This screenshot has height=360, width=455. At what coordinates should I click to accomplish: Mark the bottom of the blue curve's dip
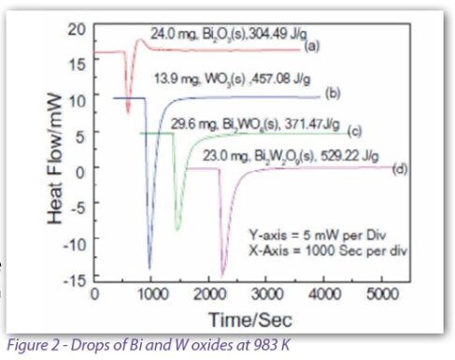point(149,267)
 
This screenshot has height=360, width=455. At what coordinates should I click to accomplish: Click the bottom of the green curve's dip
point(178,229)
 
